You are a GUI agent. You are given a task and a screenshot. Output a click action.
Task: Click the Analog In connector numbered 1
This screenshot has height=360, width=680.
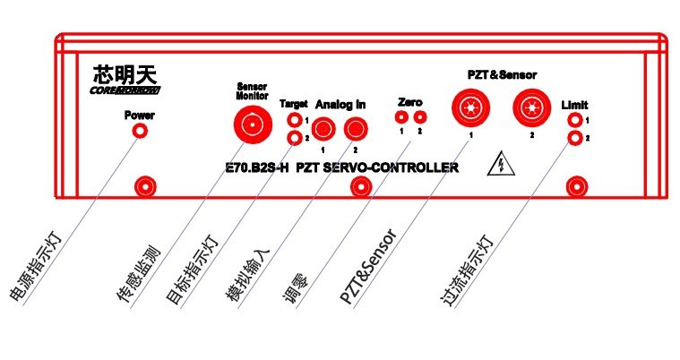(x=324, y=130)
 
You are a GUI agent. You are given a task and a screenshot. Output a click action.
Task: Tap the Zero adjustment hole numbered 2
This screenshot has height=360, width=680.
(x=419, y=116)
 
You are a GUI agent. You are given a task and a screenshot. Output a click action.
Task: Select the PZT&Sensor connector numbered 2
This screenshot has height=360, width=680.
(x=532, y=108)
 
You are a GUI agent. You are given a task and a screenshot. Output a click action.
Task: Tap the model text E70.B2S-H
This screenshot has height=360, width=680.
(x=257, y=167)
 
